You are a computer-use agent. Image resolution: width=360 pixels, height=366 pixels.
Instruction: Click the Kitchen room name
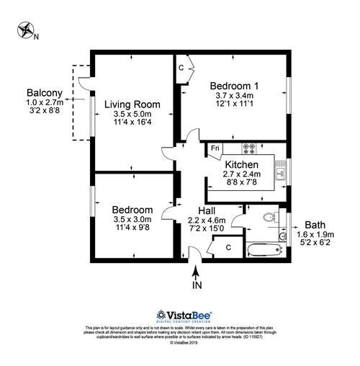(x=242, y=165)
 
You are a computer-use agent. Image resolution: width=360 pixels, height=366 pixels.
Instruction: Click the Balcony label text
(x=44, y=93)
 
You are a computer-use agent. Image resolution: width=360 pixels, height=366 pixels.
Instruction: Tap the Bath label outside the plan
(x=319, y=224)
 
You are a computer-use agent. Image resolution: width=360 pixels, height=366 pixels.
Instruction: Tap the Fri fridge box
(x=215, y=149)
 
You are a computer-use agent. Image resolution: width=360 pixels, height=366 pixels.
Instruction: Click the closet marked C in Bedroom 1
(x=182, y=67)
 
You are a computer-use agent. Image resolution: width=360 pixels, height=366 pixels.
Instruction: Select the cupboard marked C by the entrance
(x=227, y=247)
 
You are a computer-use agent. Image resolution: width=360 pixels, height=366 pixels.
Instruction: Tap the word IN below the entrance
(x=197, y=285)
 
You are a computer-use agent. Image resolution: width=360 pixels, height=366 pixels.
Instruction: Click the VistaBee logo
(x=180, y=315)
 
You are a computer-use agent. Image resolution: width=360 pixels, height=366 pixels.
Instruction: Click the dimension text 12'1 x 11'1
(x=233, y=104)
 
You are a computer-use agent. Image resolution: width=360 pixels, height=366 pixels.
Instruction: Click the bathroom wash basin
(x=283, y=235)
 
